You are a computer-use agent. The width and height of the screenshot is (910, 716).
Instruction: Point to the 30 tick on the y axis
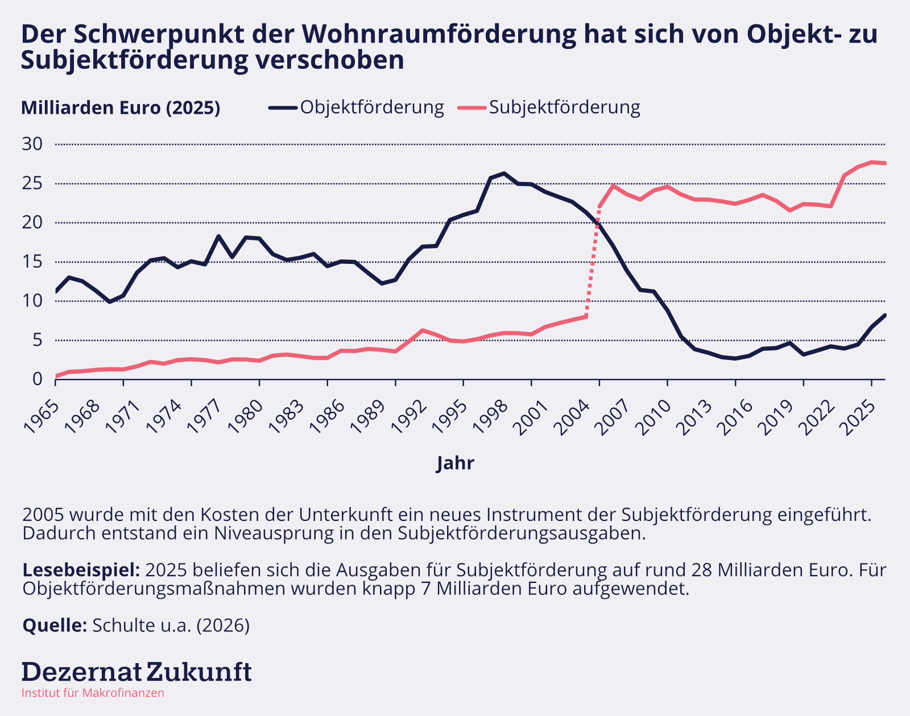(x=32, y=144)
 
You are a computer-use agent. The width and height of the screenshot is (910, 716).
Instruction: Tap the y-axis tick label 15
(x=32, y=262)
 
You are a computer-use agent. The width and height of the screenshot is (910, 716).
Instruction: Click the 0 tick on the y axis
(x=38, y=379)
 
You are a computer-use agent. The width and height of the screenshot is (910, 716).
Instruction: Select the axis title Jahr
(x=455, y=463)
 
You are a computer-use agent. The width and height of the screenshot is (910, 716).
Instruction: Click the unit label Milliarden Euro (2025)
(x=121, y=107)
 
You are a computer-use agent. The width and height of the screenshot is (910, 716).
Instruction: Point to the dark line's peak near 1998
(x=504, y=173)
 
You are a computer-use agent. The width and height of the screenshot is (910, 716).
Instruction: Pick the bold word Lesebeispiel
(x=81, y=570)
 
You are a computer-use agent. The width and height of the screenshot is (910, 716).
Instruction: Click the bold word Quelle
(x=55, y=625)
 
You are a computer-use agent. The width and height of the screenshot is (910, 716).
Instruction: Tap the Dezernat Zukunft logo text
(x=136, y=672)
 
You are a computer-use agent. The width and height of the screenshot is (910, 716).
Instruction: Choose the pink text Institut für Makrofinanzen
(x=93, y=693)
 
